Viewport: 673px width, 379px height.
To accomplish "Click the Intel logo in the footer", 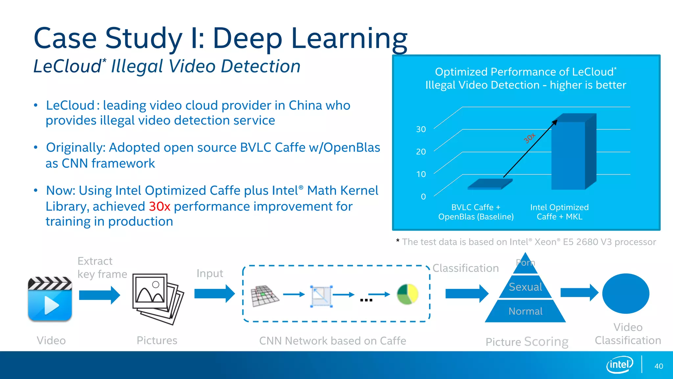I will (619, 365).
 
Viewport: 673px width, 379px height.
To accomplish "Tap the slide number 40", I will (659, 366).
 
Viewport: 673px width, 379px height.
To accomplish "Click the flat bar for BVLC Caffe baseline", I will (490, 184).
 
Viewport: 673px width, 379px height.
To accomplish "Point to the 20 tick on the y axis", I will (421, 152).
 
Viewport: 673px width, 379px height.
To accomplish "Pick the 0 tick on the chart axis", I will (423, 196).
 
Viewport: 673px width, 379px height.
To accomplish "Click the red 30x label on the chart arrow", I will (529, 138).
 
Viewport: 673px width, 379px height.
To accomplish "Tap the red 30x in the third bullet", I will (159, 206).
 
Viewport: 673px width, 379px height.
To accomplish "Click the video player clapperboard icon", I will (50, 299).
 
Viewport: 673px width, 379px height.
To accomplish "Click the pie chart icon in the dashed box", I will (407, 294).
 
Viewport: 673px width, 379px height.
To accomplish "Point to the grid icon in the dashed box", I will (264, 296).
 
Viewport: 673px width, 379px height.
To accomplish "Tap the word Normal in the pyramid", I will (525, 311).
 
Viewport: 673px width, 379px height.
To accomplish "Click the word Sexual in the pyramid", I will (525, 287).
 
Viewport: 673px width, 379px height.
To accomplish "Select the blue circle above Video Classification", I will (626, 293).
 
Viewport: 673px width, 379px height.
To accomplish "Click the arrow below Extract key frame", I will (100, 295).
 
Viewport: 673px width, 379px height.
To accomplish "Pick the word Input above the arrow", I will (210, 273).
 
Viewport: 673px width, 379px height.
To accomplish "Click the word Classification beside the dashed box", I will (465, 268).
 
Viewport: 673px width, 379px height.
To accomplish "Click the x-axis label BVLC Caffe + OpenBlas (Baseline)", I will (476, 212).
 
